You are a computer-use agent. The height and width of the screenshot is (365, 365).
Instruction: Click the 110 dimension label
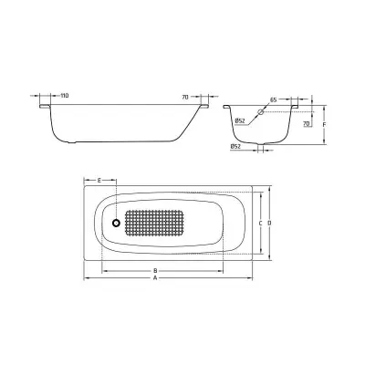pos(65,96)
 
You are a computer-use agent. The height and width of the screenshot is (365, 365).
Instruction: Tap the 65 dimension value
pos(273,99)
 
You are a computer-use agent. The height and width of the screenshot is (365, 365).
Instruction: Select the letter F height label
pos(325,125)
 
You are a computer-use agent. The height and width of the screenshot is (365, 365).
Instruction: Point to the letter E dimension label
pos(99,181)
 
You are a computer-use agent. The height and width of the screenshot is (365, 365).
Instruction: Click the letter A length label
pos(155,277)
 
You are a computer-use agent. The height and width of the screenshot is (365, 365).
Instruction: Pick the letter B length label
pos(155,270)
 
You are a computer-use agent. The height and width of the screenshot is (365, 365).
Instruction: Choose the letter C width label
pos(260,224)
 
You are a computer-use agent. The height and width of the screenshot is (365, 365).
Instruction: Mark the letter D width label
pos(269,224)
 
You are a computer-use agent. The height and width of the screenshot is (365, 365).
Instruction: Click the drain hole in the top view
pos(116,224)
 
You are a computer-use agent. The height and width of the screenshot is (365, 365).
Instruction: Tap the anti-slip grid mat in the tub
pos(154,224)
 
